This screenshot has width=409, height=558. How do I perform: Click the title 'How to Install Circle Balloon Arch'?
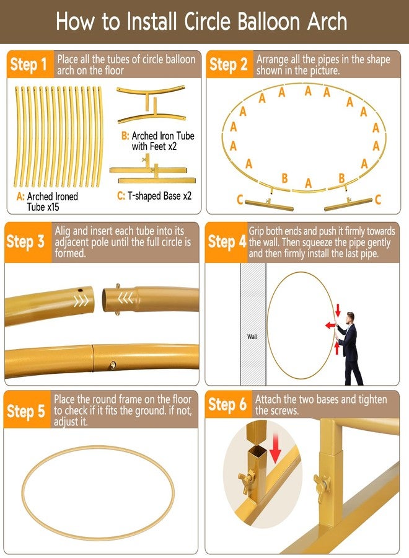[x=201, y=22]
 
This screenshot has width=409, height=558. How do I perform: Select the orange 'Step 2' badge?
[x=228, y=64]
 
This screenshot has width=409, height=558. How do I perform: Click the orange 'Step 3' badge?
[x=26, y=241]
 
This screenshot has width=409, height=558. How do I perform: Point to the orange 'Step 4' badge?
[x=227, y=242]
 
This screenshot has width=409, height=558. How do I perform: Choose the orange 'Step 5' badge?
[x=26, y=410]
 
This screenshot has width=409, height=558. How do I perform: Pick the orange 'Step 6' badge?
[x=227, y=405]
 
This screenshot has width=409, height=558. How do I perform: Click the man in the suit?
[x=350, y=347]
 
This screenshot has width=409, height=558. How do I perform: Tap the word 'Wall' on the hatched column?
[x=252, y=337]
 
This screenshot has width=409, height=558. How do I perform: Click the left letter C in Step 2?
[x=240, y=199]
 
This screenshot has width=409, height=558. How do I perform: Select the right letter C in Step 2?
[x=377, y=199]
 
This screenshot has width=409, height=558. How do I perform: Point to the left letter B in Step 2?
[x=284, y=179]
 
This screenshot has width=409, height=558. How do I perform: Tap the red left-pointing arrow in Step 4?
[x=331, y=324]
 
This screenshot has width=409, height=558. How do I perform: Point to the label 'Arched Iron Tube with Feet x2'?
[x=156, y=141]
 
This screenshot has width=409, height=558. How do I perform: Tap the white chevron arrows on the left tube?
[x=81, y=301]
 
